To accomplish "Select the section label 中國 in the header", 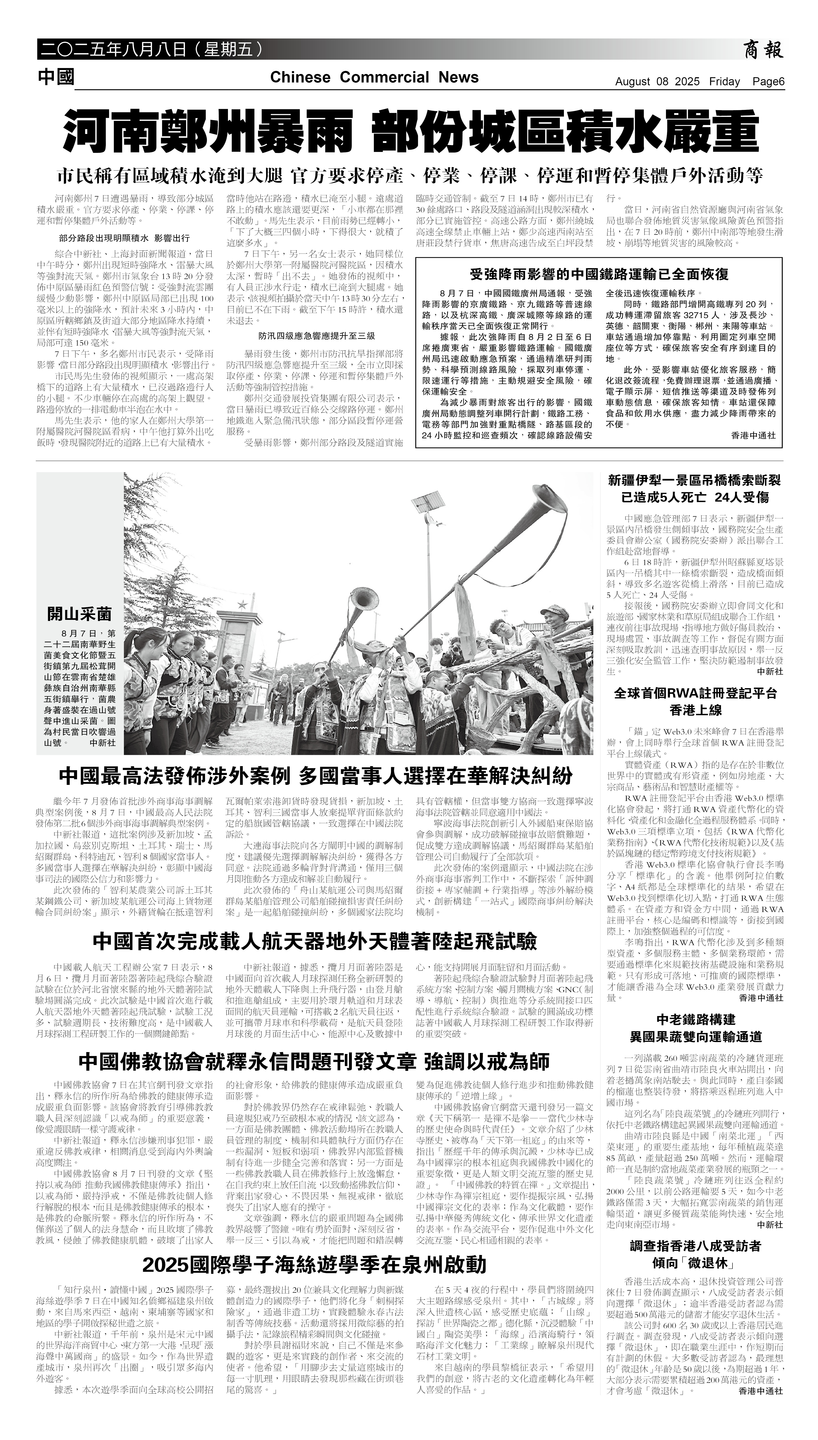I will (x=56, y=77).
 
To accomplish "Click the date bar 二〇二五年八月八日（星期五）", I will (x=152, y=50).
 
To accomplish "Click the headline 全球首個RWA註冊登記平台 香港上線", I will (x=695, y=701).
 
